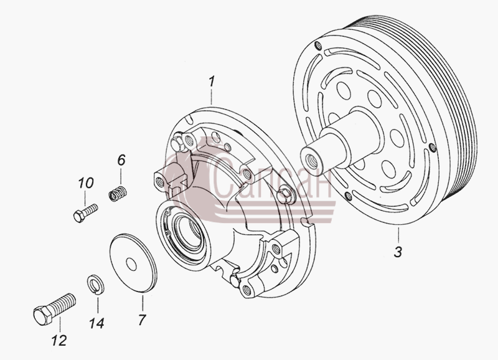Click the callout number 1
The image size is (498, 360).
coord(212,82)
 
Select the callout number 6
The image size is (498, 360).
coord(121,160)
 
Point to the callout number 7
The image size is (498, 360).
coord(142,320)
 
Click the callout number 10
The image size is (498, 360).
coord(86,183)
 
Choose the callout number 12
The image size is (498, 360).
coord(59,340)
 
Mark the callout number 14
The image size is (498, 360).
coord(96,323)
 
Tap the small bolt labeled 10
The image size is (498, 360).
coord(85,213)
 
